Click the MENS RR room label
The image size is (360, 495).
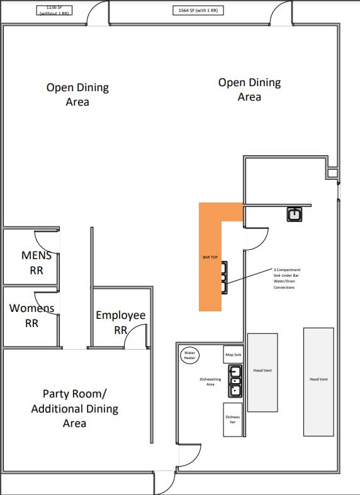tap(37, 263)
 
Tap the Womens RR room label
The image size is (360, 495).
tap(31, 316)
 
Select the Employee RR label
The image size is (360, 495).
tap(120, 322)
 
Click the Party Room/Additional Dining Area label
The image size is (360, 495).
tap(75, 408)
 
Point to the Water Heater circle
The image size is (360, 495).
tap(190, 355)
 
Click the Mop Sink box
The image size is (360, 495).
tap(233, 355)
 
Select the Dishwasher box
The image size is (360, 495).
tap(233, 419)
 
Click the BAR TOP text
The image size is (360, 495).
tap(210, 257)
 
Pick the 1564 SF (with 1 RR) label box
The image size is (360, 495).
tap(198, 11)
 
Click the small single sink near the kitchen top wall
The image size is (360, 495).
tap(295, 214)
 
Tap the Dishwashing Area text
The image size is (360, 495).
tap(207, 381)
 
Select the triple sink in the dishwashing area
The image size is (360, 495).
tap(235, 381)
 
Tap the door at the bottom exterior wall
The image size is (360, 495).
tap(164, 482)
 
